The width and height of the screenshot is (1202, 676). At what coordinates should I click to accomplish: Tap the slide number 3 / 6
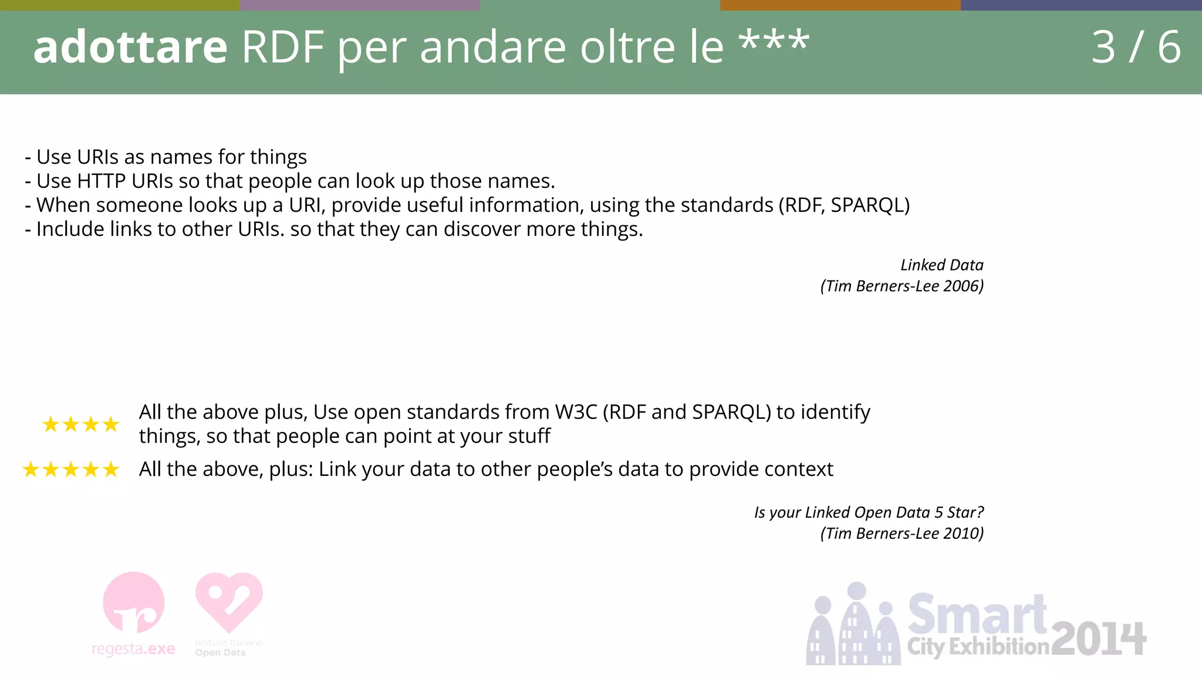point(1135,47)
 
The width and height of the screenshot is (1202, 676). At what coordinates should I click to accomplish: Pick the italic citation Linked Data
point(941,265)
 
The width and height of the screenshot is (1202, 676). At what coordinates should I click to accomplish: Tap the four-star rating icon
point(80,424)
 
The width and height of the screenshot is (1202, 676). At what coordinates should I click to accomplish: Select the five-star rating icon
point(70,469)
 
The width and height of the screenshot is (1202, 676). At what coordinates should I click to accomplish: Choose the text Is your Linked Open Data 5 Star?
point(869,512)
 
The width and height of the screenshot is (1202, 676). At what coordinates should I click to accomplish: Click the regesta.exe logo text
point(133,649)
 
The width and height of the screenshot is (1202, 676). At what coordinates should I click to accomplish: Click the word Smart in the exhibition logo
point(977,614)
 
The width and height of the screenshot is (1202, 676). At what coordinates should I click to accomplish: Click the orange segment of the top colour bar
point(840,5)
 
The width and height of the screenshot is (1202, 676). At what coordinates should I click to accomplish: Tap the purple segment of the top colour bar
point(360,5)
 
